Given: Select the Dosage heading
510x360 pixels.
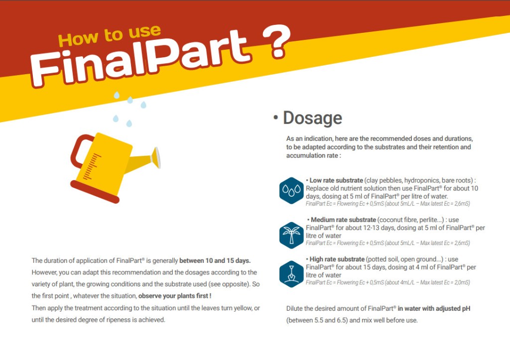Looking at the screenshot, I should [x=312, y=118].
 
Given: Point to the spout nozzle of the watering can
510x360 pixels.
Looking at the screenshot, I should [x=156, y=157].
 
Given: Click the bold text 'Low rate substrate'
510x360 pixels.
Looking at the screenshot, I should [x=336, y=180].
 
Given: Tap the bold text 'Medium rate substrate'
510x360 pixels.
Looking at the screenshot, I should [x=343, y=220].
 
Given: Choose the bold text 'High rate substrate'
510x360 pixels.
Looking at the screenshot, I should [x=337, y=259].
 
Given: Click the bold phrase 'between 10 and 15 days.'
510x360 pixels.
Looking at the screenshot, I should [x=215, y=260].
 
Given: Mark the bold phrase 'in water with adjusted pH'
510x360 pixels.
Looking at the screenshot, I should [x=434, y=309].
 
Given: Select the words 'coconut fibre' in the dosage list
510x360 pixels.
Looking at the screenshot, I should [x=398, y=220].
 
